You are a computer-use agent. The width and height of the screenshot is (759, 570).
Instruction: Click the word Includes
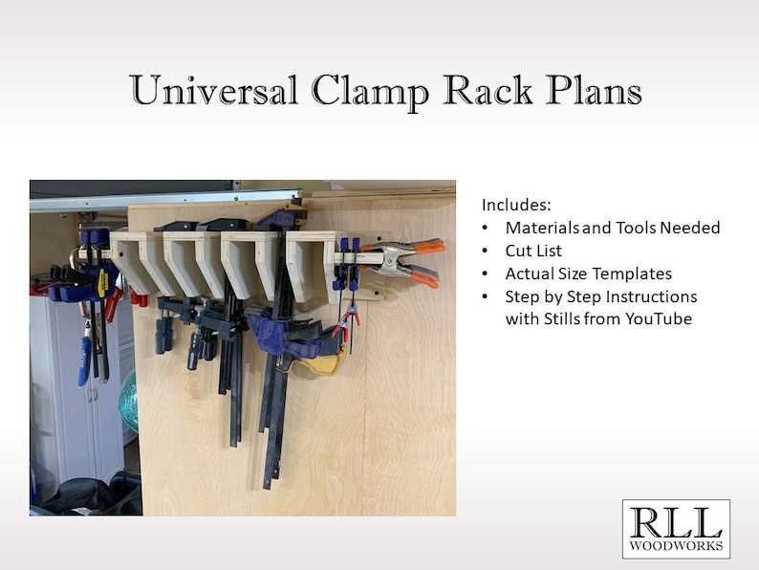click(x=517, y=206)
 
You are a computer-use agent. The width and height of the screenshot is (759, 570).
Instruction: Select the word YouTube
click(x=652, y=318)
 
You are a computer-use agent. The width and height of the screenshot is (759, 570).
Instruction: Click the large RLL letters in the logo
click(x=675, y=522)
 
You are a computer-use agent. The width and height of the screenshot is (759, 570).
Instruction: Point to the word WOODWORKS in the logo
click(x=676, y=547)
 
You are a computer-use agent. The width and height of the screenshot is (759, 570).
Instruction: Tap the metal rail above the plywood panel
click(x=163, y=199)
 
